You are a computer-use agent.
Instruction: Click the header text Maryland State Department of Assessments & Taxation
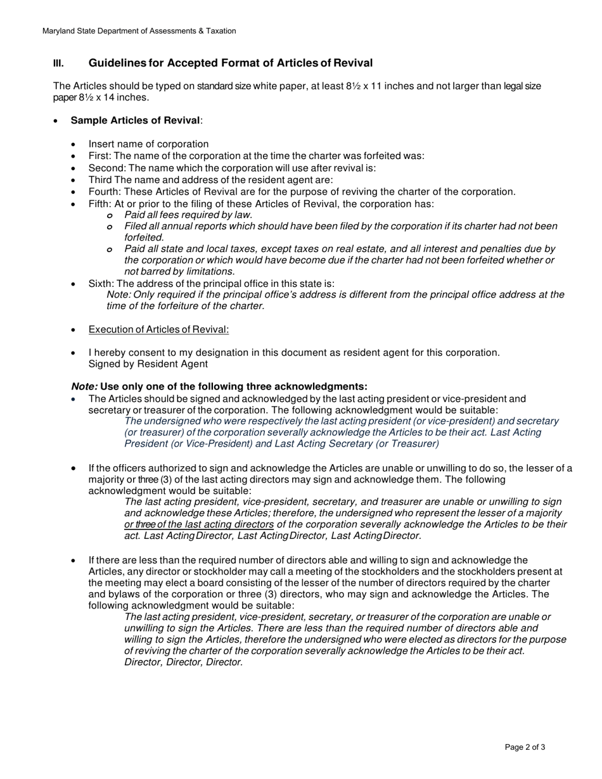[x=139, y=31]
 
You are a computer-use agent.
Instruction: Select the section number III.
[x=58, y=63]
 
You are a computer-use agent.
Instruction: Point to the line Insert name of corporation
[x=148, y=144]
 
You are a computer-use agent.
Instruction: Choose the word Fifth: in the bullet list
[x=100, y=203]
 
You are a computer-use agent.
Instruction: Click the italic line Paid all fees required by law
[x=188, y=215]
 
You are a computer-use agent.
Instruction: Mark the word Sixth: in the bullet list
[x=101, y=283]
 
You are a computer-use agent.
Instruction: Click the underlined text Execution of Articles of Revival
[x=158, y=329]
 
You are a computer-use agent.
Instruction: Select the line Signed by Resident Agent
[x=148, y=364]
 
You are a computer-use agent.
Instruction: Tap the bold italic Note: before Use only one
[x=84, y=386]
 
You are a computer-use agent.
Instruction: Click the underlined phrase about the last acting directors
[x=199, y=524]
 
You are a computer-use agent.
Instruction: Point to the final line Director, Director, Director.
[x=184, y=662]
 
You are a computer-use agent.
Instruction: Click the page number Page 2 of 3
[x=525, y=747]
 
